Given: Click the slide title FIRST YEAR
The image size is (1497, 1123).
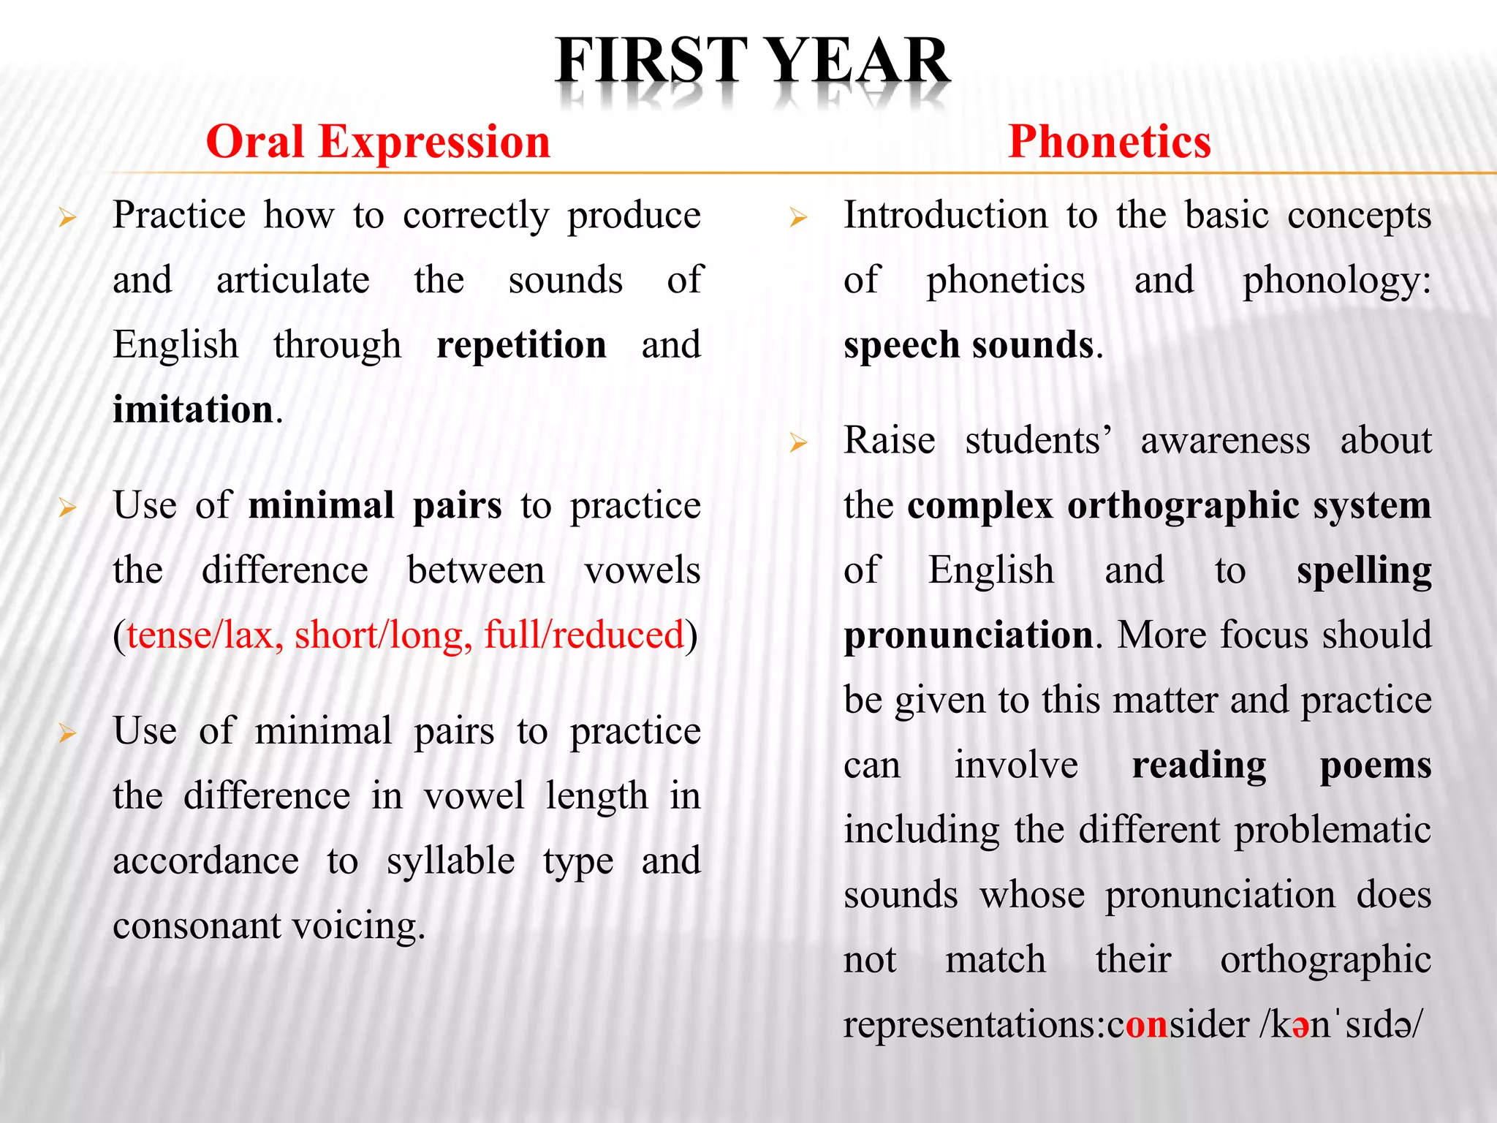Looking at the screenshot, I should [752, 61].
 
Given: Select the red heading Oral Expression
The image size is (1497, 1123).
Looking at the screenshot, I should [378, 142].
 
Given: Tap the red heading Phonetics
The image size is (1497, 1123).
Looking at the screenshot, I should [1109, 142].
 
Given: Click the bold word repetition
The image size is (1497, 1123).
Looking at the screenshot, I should [521, 345].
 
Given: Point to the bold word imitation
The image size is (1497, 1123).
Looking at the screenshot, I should [193, 409].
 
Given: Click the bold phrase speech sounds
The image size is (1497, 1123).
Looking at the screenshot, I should [969, 345].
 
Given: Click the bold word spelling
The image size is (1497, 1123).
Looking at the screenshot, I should [1363, 571].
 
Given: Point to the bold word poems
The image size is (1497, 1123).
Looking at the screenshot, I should [1375, 765].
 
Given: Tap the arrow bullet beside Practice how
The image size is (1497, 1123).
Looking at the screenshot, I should [67, 218].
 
